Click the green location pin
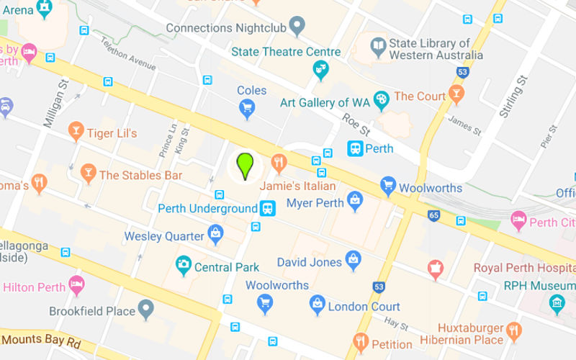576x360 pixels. [246, 165]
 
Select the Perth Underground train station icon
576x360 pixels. [268, 209]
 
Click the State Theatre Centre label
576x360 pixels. [286, 52]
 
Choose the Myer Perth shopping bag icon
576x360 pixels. [354, 201]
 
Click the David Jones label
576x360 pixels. [309, 261]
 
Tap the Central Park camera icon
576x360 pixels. [184, 266]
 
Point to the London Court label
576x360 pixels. [364, 307]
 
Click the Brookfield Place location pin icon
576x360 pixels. [147, 310]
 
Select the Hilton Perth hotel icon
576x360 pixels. [76, 285]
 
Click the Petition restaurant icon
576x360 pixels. [361, 342]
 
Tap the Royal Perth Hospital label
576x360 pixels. [524, 268]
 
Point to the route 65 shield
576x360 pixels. [433, 215]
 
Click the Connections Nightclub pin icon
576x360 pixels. [297, 27]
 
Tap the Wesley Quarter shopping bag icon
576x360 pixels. [215, 233]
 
